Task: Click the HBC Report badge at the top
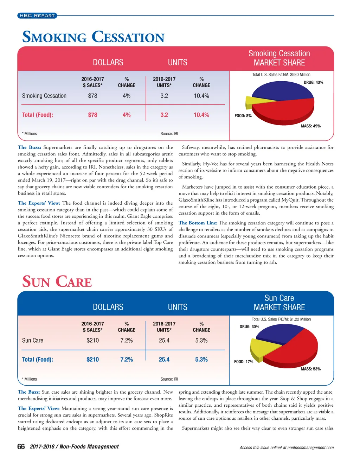click(37, 15)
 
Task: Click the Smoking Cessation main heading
click(93, 37)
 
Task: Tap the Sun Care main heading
click(57, 282)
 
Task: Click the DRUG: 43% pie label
click(313, 83)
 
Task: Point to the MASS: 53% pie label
click(310, 369)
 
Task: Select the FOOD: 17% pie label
click(244, 362)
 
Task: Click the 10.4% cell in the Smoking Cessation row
click(201, 96)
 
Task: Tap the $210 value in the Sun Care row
click(92, 341)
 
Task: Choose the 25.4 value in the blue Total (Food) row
click(164, 360)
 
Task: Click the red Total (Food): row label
click(38, 115)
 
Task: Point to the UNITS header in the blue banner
click(178, 307)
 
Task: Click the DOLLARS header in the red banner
click(108, 63)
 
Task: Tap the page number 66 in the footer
click(21, 447)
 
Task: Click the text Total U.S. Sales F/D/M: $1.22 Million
click(281, 319)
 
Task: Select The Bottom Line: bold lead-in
click(198, 223)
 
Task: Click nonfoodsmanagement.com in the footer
click(310, 448)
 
